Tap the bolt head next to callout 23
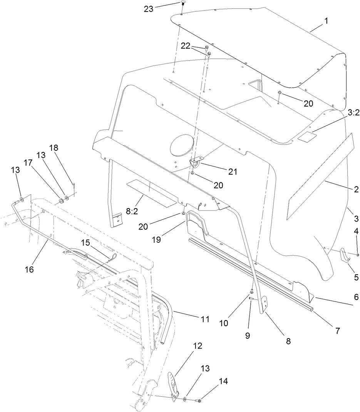(x=183, y=4)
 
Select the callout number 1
(x=326, y=22)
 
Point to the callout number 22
(x=186, y=46)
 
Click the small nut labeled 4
(x=358, y=254)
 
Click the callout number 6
(x=356, y=297)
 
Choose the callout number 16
(x=29, y=269)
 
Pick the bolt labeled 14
(x=199, y=401)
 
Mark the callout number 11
(x=204, y=319)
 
